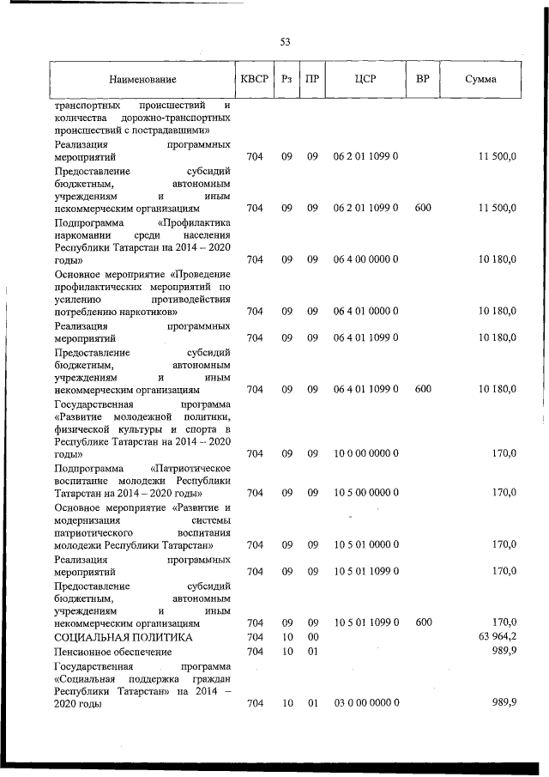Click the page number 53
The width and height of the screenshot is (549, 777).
[286, 41]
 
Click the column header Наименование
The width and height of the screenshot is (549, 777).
[142, 80]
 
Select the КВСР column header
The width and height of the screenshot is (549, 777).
[255, 80]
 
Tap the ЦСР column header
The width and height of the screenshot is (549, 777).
[365, 80]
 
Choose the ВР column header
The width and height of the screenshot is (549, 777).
[422, 80]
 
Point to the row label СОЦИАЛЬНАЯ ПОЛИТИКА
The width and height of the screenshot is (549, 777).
[123, 636]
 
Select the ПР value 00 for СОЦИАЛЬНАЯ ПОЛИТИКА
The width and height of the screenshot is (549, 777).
[313, 636]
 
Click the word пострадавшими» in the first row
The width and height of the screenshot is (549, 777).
[175, 131]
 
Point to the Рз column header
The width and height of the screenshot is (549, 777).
[287, 80]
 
